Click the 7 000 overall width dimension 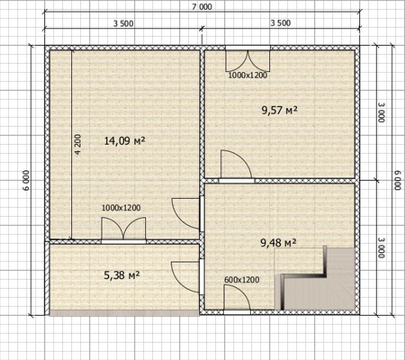(202, 6)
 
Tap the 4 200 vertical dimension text (77, 144)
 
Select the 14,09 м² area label (125, 140)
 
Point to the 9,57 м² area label (279, 111)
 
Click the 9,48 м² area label (278, 243)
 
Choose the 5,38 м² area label (121, 274)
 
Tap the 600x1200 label (242, 280)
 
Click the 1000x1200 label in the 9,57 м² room (247, 76)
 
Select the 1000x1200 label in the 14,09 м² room (121, 208)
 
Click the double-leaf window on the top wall (247, 61)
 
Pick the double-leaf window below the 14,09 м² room (123, 229)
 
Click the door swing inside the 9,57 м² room (236, 165)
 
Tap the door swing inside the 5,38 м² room (185, 276)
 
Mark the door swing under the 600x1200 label (237, 297)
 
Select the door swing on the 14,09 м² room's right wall (185, 213)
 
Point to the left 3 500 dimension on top (123, 23)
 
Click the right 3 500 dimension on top (281, 22)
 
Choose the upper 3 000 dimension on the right (381, 112)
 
